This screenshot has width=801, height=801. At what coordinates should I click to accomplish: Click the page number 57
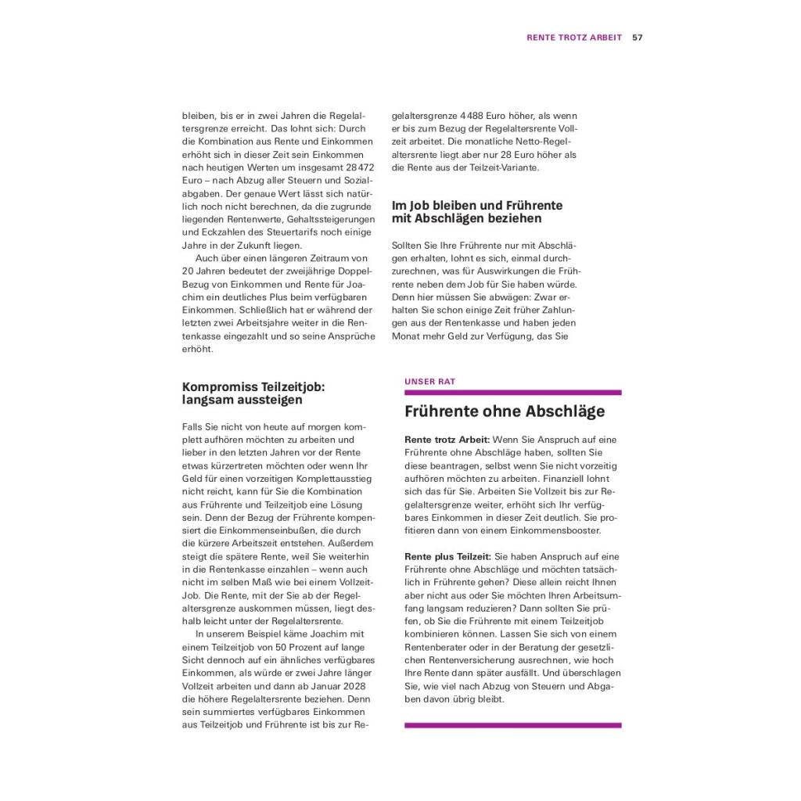638,37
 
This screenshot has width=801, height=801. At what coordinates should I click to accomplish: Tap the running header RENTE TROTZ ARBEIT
574,37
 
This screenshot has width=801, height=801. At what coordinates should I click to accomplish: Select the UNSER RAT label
429,382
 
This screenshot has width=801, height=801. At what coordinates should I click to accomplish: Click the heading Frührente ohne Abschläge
505,411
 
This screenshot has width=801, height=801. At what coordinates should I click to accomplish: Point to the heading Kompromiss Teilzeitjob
253,386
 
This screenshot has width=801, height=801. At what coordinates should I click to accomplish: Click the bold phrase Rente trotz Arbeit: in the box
447,440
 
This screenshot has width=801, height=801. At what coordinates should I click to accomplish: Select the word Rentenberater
436,646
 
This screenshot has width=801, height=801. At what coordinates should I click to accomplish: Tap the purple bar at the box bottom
512,726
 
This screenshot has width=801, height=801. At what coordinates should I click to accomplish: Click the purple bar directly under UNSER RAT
512,393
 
